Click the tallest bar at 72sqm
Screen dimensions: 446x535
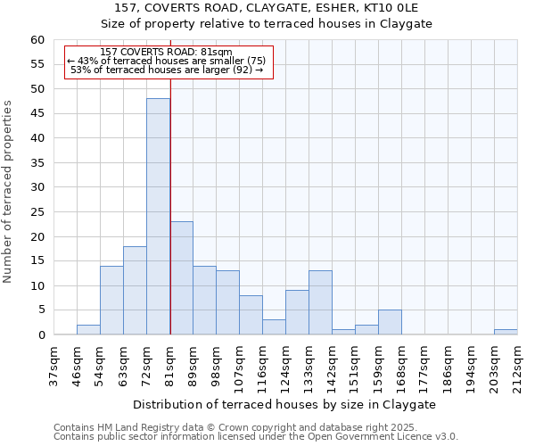pos(158,217)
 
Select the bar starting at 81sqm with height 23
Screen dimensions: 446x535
pos(181,278)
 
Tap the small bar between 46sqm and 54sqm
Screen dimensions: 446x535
pos(88,330)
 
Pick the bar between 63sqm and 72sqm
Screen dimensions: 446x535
pos(135,291)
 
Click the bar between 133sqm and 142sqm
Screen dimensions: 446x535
pos(320,303)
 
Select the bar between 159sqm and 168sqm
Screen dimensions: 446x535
pos(390,322)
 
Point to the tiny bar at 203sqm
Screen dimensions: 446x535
pos(506,332)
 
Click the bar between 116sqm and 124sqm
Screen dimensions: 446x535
pos(274,327)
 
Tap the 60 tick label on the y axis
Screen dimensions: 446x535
pos(37,40)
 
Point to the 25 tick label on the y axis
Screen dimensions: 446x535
pos(37,212)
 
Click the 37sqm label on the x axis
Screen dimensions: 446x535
pos(53,363)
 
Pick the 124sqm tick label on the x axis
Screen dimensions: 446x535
pos(285,363)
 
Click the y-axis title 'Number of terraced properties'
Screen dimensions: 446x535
pos(9,192)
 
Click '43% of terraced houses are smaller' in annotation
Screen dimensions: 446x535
pos(167,61)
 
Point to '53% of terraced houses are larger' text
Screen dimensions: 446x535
pos(167,70)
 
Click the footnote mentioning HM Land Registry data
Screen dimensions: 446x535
pos(254,427)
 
